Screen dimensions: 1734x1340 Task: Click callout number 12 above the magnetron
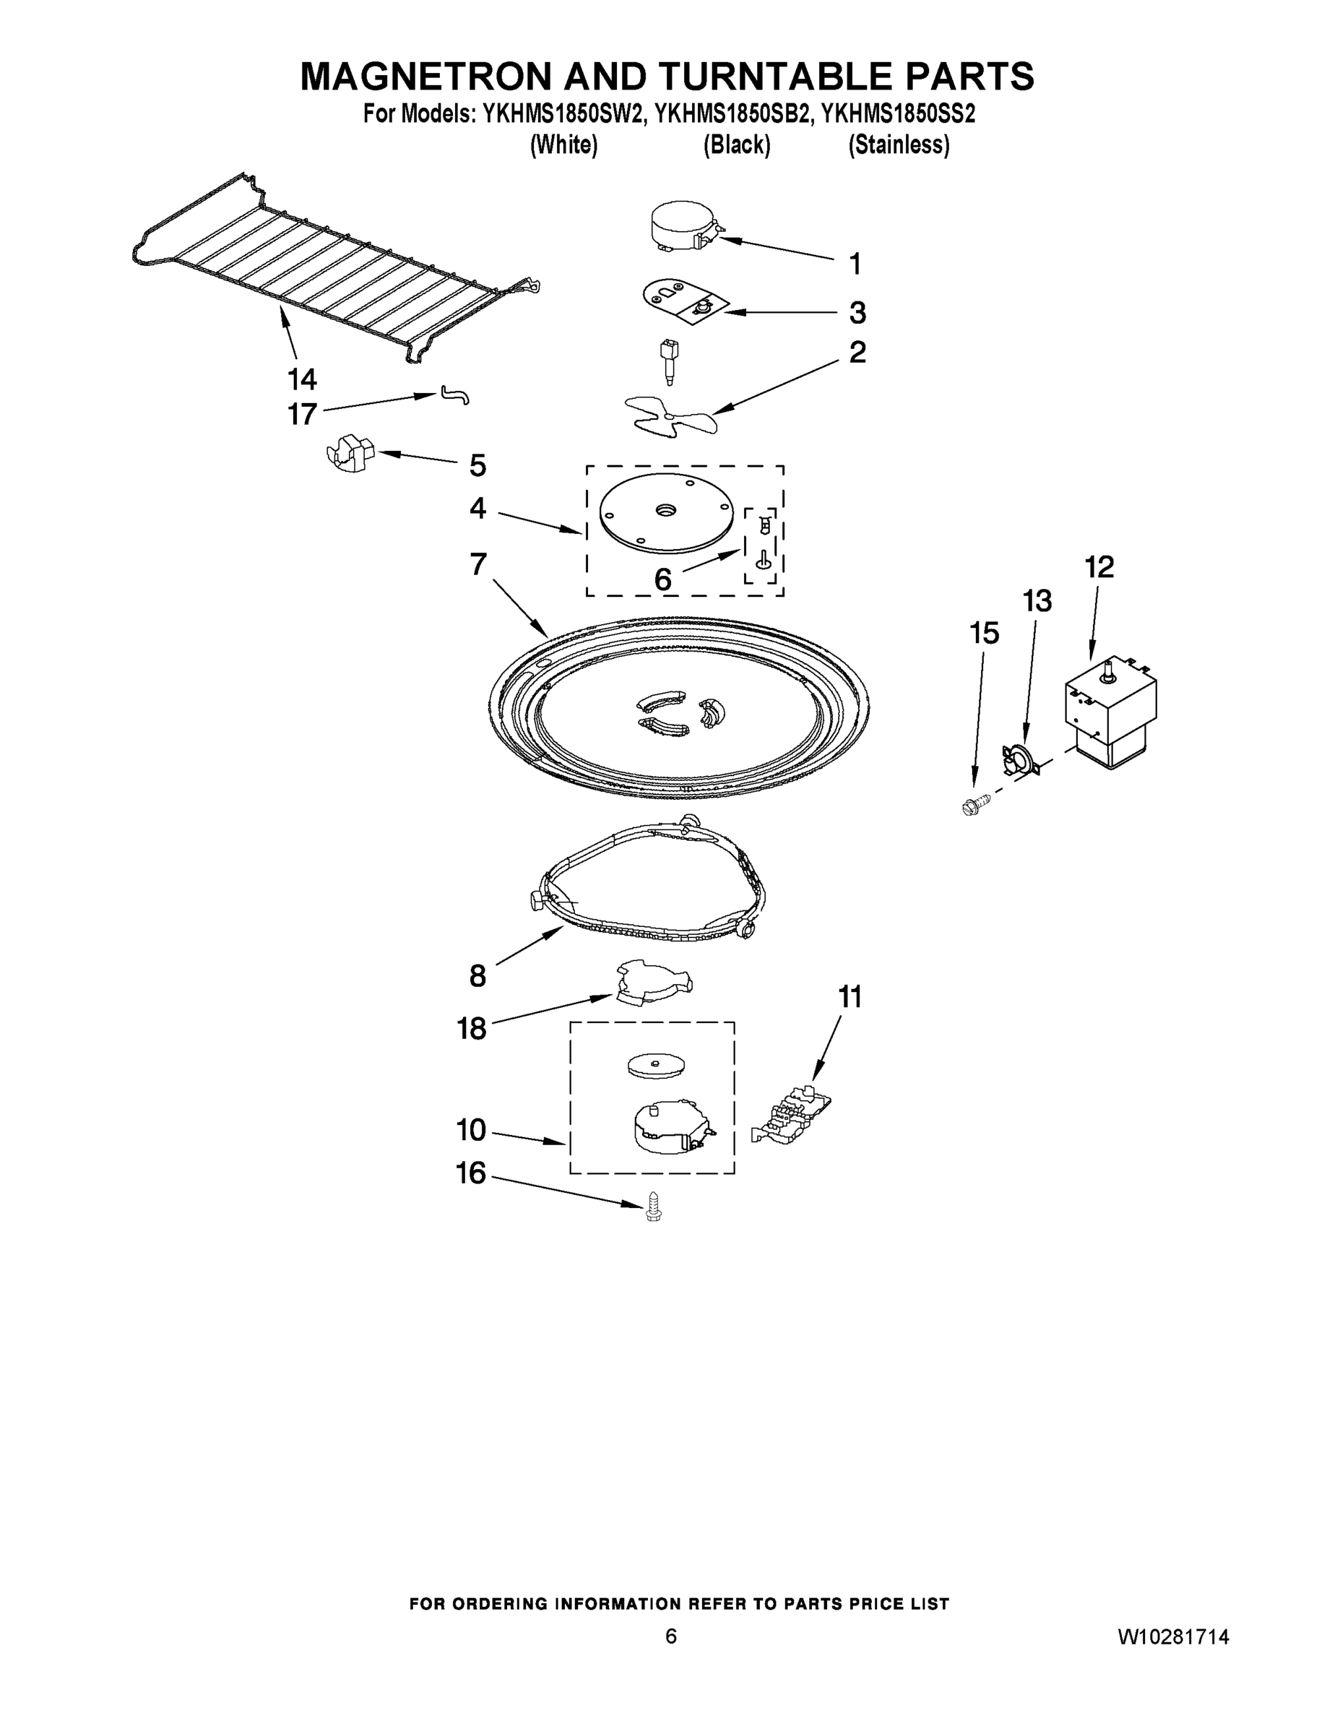(x=1099, y=567)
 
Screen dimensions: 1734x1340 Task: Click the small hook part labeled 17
(x=454, y=394)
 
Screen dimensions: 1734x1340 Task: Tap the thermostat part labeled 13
(x=1019, y=760)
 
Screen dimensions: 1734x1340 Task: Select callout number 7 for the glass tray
(x=478, y=564)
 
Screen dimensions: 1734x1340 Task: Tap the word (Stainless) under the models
(x=899, y=145)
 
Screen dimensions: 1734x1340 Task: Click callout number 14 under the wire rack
(x=303, y=379)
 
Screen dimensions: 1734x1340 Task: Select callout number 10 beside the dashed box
(x=472, y=1129)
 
